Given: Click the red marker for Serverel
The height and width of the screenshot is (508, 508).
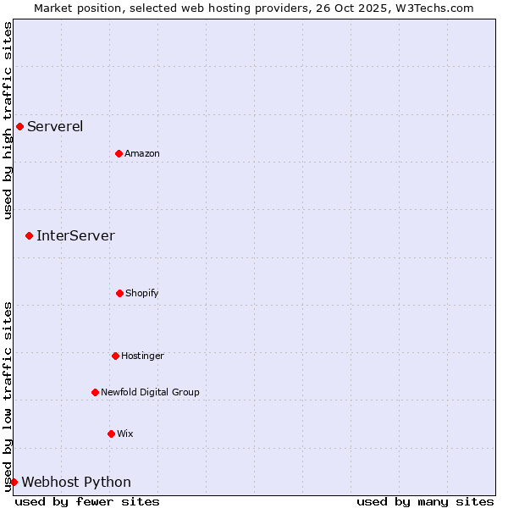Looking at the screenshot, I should tap(19, 126).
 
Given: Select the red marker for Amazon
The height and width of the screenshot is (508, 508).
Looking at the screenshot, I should tap(119, 153).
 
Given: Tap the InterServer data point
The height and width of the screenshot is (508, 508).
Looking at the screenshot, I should tap(29, 235).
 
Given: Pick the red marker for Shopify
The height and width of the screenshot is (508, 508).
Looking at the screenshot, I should tap(119, 293).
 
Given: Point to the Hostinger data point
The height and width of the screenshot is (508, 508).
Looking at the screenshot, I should tap(115, 356).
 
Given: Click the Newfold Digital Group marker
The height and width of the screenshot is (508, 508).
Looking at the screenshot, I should tap(95, 392).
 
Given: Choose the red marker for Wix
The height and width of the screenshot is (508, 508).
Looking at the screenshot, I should tap(111, 433).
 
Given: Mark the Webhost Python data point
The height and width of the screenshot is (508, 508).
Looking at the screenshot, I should tap(14, 482).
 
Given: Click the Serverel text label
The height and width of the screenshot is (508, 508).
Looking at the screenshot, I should tap(55, 127).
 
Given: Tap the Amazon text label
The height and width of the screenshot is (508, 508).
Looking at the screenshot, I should tap(142, 154).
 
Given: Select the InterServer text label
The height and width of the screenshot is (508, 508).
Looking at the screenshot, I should tap(75, 236).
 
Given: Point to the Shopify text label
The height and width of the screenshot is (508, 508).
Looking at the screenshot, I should tap(142, 294).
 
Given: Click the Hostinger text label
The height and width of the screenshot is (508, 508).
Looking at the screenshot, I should tap(142, 356).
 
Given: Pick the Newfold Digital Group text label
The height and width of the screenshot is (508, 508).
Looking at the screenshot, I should tap(150, 393).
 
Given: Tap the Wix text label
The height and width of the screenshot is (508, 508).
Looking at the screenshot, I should tap(125, 434).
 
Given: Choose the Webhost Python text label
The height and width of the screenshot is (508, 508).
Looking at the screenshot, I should tap(76, 483).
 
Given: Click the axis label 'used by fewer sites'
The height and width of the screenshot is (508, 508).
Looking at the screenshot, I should tap(87, 501).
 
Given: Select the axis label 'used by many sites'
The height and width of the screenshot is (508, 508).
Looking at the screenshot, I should tap(425, 501).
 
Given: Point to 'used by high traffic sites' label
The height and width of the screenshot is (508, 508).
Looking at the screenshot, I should tap(8, 120).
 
